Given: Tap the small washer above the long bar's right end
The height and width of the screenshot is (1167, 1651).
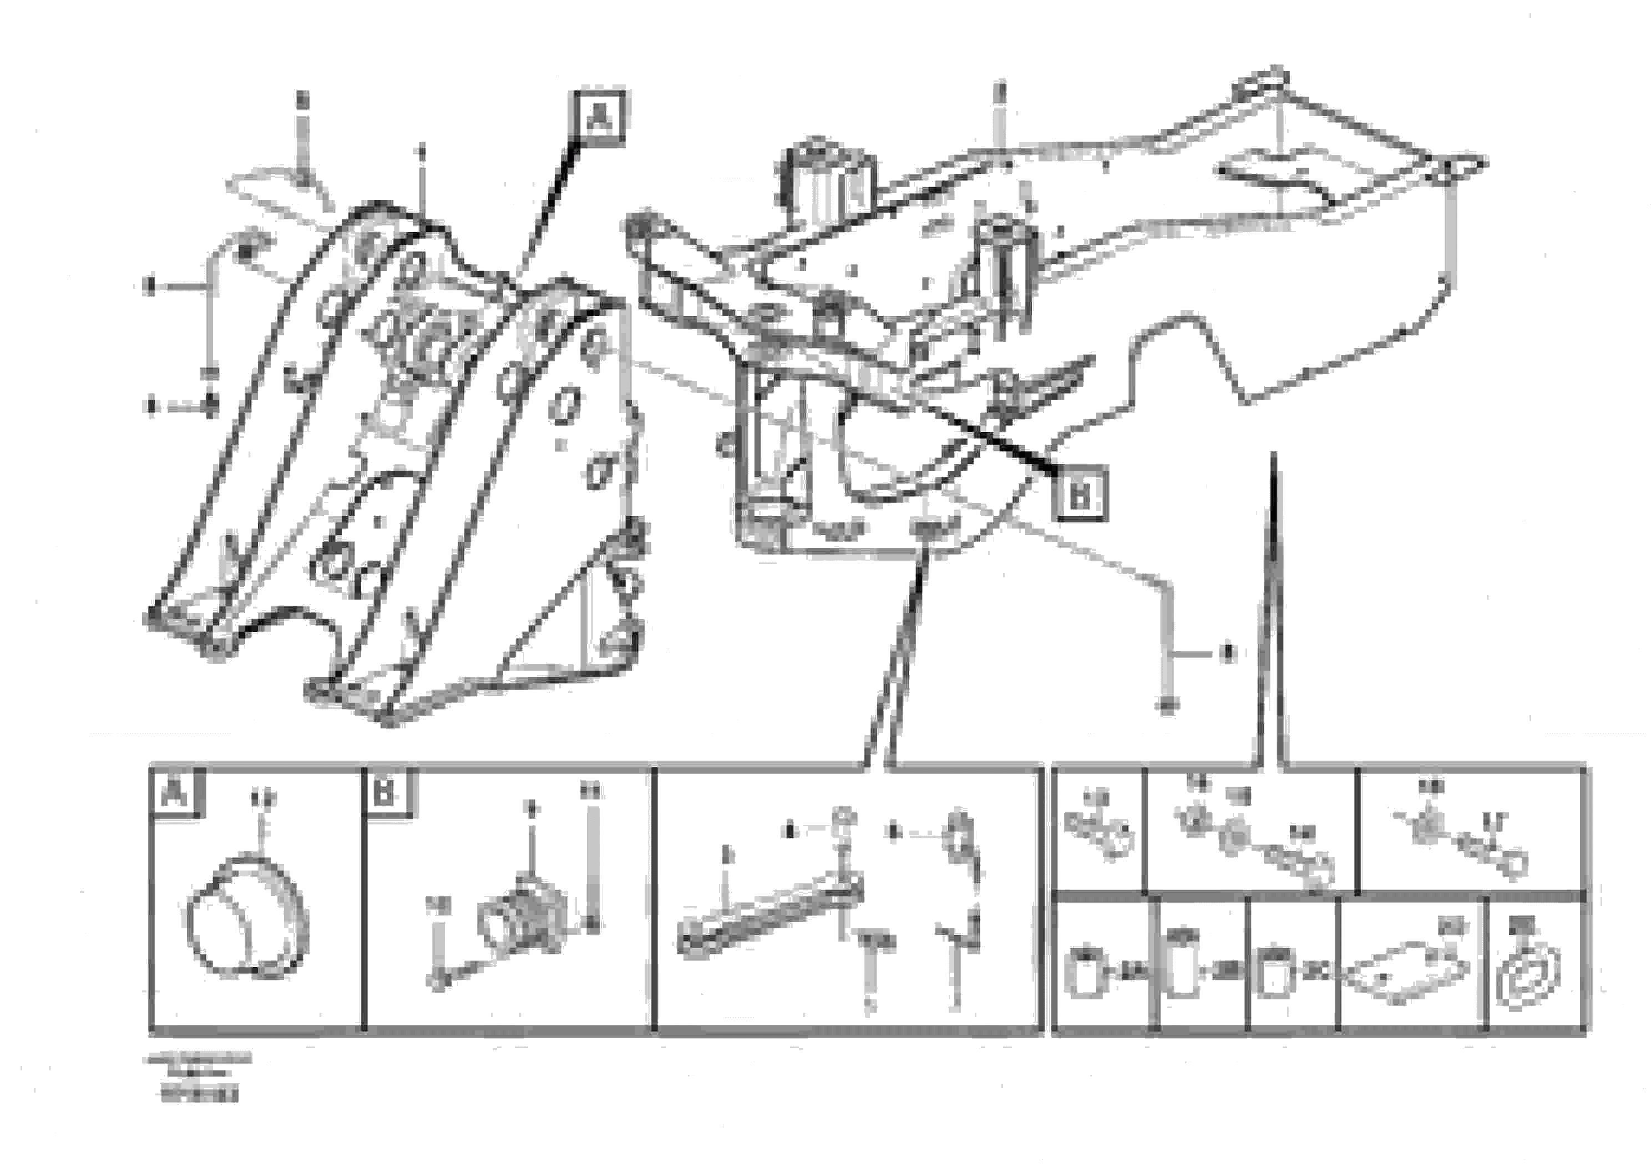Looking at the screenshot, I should [x=842, y=819].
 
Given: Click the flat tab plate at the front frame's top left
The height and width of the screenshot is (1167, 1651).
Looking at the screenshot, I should [x=281, y=190].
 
